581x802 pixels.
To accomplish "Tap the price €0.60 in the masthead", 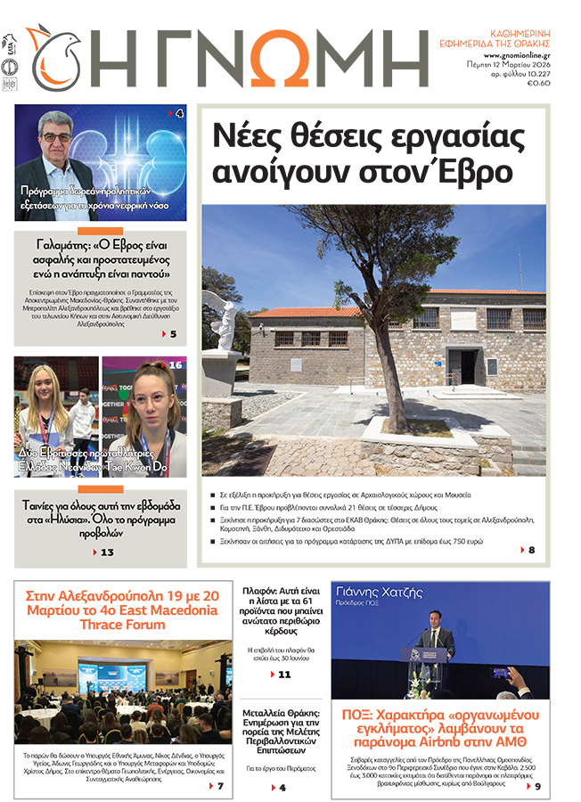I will click(x=539, y=84).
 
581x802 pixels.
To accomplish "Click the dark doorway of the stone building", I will click(x=467, y=366).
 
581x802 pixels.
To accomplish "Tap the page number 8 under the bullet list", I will click(x=532, y=550).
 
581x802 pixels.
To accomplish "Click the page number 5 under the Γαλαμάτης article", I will click(x=173, y=334).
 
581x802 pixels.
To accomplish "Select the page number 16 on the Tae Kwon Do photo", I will click(x=175, y=364).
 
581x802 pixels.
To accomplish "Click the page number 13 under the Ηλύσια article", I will click(x=107, y=552).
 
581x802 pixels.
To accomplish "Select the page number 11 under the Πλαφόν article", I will click(x=284, y=675).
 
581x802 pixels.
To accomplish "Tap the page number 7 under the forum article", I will click(x=220, y=786).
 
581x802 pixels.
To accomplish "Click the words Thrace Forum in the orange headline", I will click(x=122, y=626).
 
